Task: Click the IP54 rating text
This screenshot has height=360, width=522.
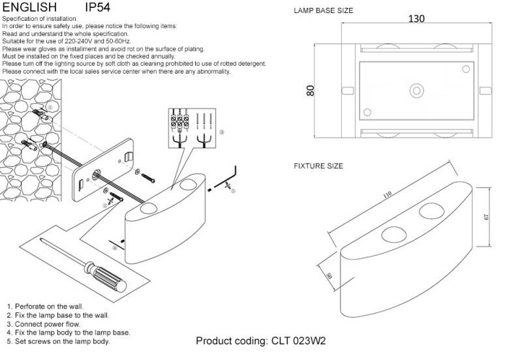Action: pyautogui.click(x=100, y=8)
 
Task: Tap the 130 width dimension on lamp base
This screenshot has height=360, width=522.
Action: pyautogui.click(x=416, y=19)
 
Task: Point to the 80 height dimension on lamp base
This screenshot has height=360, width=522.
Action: pyautogui.click(x=311, y=91)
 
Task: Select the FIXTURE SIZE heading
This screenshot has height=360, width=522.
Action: pyautogui.click(x=318, y=166)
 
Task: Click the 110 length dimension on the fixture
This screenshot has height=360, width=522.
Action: pyautogui.click(x=387, y=194)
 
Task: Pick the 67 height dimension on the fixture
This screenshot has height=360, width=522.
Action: pyautogui.click(x=486, y=217)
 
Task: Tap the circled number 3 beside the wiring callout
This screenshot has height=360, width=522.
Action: pyautogui.click(x=222, y=132)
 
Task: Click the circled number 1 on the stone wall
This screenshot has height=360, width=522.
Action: pyautogui.click(x=51, y=107)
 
